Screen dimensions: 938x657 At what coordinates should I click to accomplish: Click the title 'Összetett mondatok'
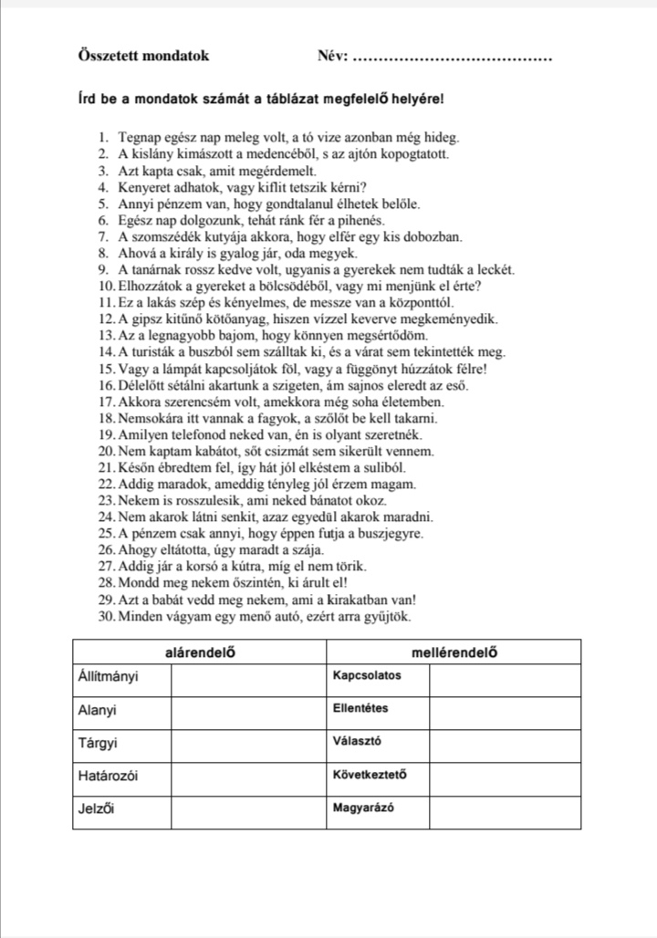(143, 56)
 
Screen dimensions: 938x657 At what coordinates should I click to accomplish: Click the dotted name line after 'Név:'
(452, 57)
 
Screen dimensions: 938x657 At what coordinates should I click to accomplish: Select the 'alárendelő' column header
(199, 652)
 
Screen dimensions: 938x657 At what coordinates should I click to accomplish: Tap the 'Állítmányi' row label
(109, 677)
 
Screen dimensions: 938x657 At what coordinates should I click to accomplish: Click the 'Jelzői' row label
(96, 808)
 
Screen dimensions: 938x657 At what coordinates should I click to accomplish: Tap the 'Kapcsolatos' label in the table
(367, 676)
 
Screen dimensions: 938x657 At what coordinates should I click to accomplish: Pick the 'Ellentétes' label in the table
(361, 708)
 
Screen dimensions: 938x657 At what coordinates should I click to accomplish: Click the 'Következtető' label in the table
(370, 776)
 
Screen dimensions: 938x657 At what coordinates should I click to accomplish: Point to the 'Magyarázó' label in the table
(364, 808)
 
